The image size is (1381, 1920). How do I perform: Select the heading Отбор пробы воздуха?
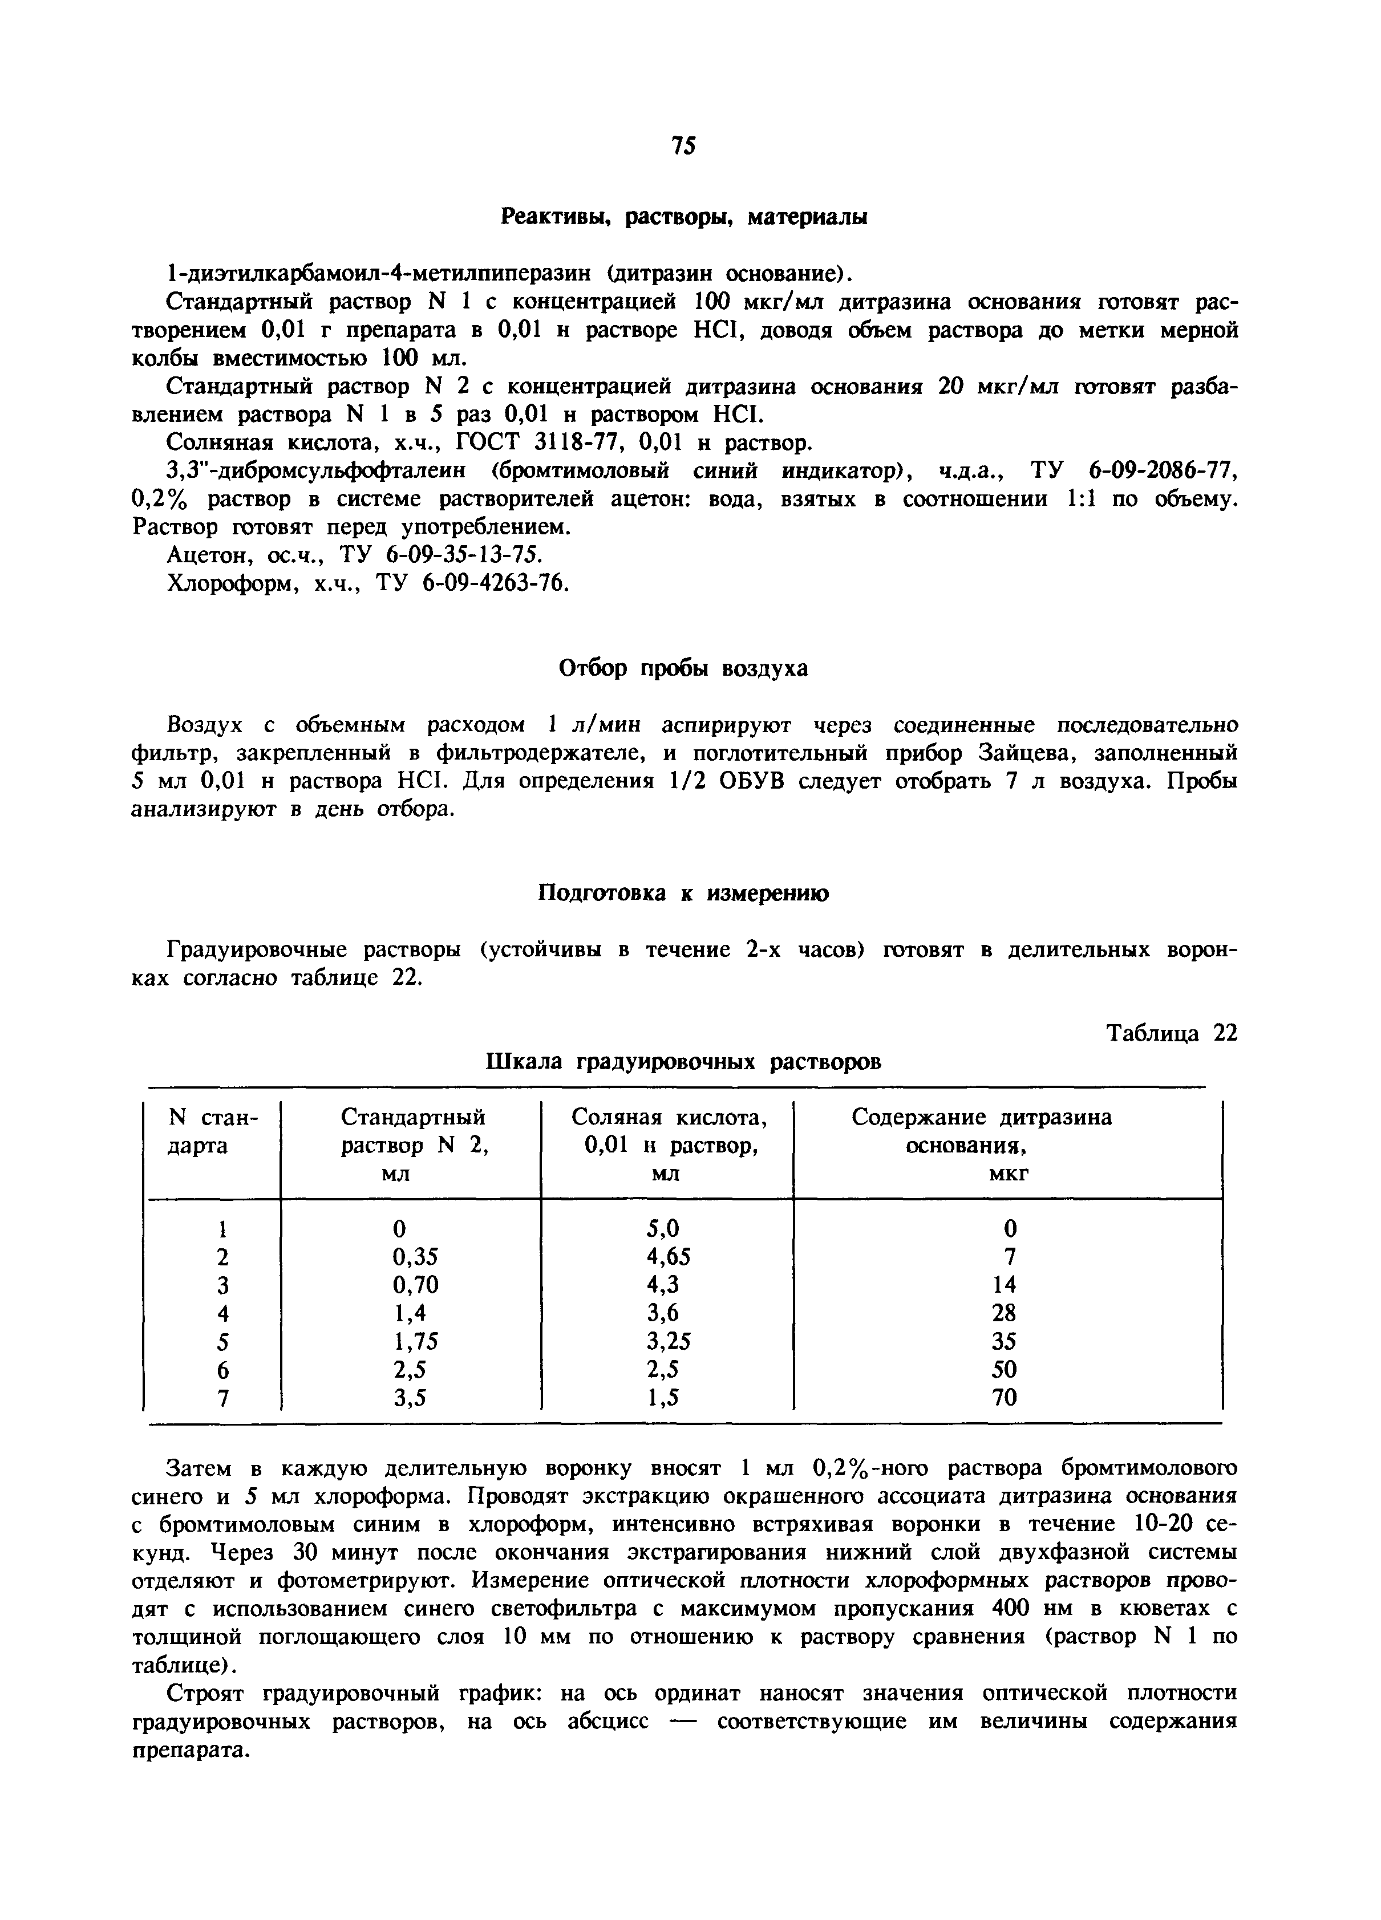pos(684,669)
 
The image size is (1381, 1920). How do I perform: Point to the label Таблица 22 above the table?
pos(1172,1034)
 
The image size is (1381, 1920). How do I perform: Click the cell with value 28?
pos(1004,1313)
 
